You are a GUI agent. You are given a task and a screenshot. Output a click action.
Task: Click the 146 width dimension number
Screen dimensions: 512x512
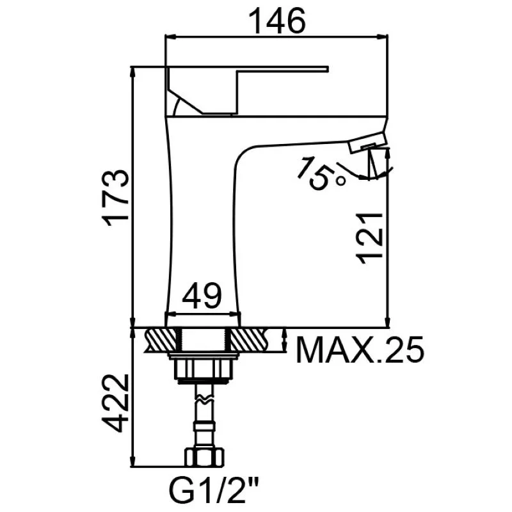[x=277, y=20]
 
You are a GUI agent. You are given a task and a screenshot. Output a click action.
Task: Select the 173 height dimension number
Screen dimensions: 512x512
[x=116, y=198]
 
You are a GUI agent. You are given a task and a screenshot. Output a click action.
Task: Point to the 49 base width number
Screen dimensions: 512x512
[x=202, y=296]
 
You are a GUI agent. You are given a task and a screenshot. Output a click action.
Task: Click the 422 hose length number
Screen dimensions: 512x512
[x=115, y=403]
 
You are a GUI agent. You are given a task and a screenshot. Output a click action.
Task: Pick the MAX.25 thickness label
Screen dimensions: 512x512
[x=360, y=349]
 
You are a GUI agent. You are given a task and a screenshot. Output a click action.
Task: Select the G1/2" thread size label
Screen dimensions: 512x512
[x=214, y=490]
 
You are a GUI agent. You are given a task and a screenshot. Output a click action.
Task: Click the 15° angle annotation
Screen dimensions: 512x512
[x=321, y=173]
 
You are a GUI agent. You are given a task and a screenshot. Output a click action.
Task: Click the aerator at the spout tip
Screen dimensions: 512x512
[x=367, y=142]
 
